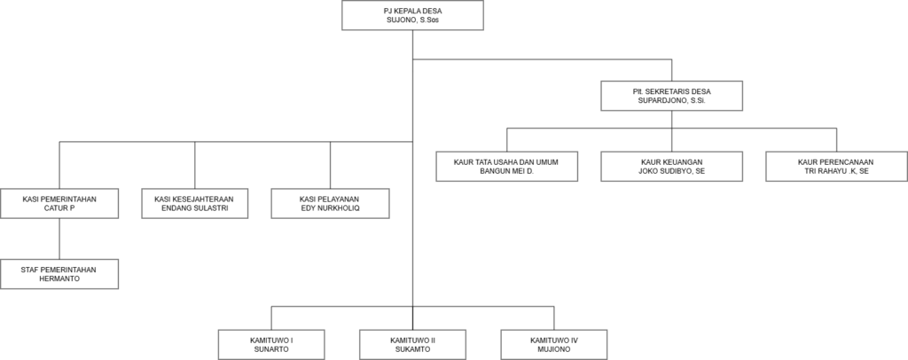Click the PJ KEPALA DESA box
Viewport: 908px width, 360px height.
click(412, 15)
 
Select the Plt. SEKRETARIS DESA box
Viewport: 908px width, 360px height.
click(672, 96)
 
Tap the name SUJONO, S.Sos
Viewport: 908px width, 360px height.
click(412, 20)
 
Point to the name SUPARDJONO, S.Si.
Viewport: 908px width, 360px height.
click(672, 100)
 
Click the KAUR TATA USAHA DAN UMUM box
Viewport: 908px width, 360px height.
click(506, 167)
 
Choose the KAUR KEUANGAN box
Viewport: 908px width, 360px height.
click(672, 167)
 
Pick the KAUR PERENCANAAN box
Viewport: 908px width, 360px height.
click(837, 167)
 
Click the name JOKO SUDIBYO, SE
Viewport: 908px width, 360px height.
click(672, 171)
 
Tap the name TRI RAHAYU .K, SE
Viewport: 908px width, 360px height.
click(837, 171)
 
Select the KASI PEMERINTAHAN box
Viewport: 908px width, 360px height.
click(59, 203)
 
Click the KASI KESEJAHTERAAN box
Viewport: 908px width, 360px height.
click(194, 203)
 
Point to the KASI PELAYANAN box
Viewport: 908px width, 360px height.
click(330, 203)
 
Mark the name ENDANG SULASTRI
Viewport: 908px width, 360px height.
click(194, 207)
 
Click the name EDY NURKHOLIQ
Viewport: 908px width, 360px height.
click(330, 207)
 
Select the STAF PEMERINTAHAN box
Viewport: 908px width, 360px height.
click(59, 274)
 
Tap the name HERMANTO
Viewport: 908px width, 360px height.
click(59, 278)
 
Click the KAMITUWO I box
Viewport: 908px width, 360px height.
click(271, 344)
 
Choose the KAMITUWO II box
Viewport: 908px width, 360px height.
click(412, 344)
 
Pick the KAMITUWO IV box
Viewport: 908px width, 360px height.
click(553, 344)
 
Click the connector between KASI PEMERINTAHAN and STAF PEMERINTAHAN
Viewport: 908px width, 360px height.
click(59, 239)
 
